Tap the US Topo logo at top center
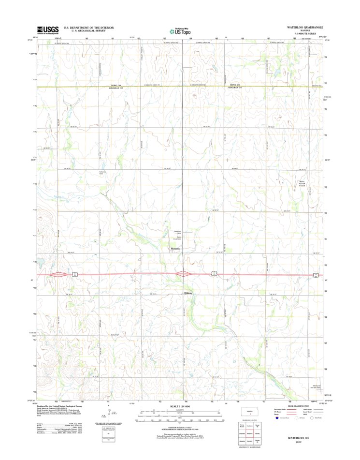(180, 30)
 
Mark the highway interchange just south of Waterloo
(183, 274)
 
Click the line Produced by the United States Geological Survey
(68, 406)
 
